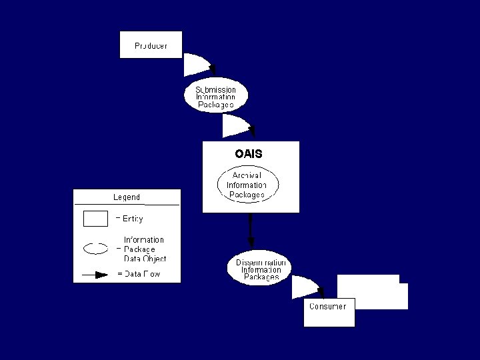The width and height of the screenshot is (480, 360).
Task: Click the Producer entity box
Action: pos(150,45)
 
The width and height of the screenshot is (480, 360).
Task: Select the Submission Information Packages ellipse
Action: pos(215,97)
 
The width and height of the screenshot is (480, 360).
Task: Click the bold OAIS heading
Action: pos(249,153)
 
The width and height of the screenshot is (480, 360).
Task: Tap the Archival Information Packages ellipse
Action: pos(247,185)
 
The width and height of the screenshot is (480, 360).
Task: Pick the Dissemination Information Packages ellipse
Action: pos(261,269)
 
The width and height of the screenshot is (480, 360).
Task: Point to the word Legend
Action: pos(127,197)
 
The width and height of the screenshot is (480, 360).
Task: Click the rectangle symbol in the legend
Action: pos(95,219)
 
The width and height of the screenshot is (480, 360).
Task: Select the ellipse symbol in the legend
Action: pos(95,249)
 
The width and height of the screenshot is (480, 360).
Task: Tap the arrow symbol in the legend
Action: pos(95,274)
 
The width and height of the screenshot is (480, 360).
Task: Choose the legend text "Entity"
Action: pos(132,219)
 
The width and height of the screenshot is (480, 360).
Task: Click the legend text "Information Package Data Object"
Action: pos(144,249)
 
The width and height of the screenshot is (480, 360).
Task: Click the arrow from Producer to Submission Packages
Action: pos(199,65)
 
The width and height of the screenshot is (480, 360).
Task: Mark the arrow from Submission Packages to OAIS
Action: pos(238,125)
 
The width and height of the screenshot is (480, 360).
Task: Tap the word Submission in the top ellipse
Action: pos(215,89)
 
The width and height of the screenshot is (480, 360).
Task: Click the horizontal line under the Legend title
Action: pos(127,205)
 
